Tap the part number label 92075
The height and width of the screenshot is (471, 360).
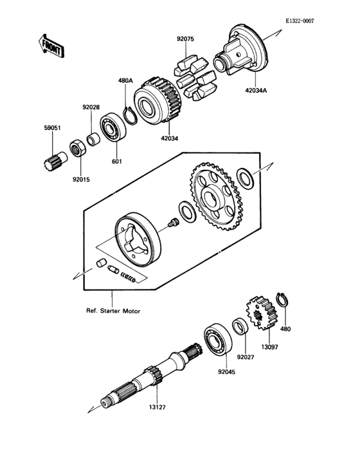tap(185, 40)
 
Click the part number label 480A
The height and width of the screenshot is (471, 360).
tap(125, 81)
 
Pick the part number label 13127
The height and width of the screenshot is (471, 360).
tap(157, 407)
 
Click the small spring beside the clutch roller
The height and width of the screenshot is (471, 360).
tap(130, 277)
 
